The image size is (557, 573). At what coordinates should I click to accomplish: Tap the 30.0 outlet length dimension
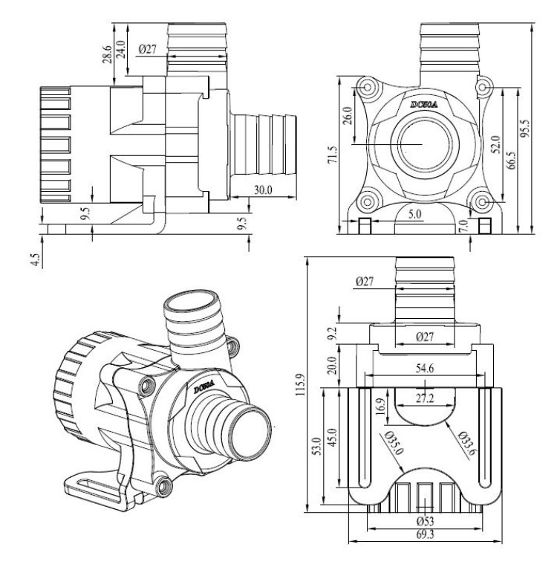[x=263, y=190]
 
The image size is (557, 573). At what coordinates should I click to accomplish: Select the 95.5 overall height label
[x=526, y=127]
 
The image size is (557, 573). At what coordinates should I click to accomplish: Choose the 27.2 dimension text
[x=426, y=398]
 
